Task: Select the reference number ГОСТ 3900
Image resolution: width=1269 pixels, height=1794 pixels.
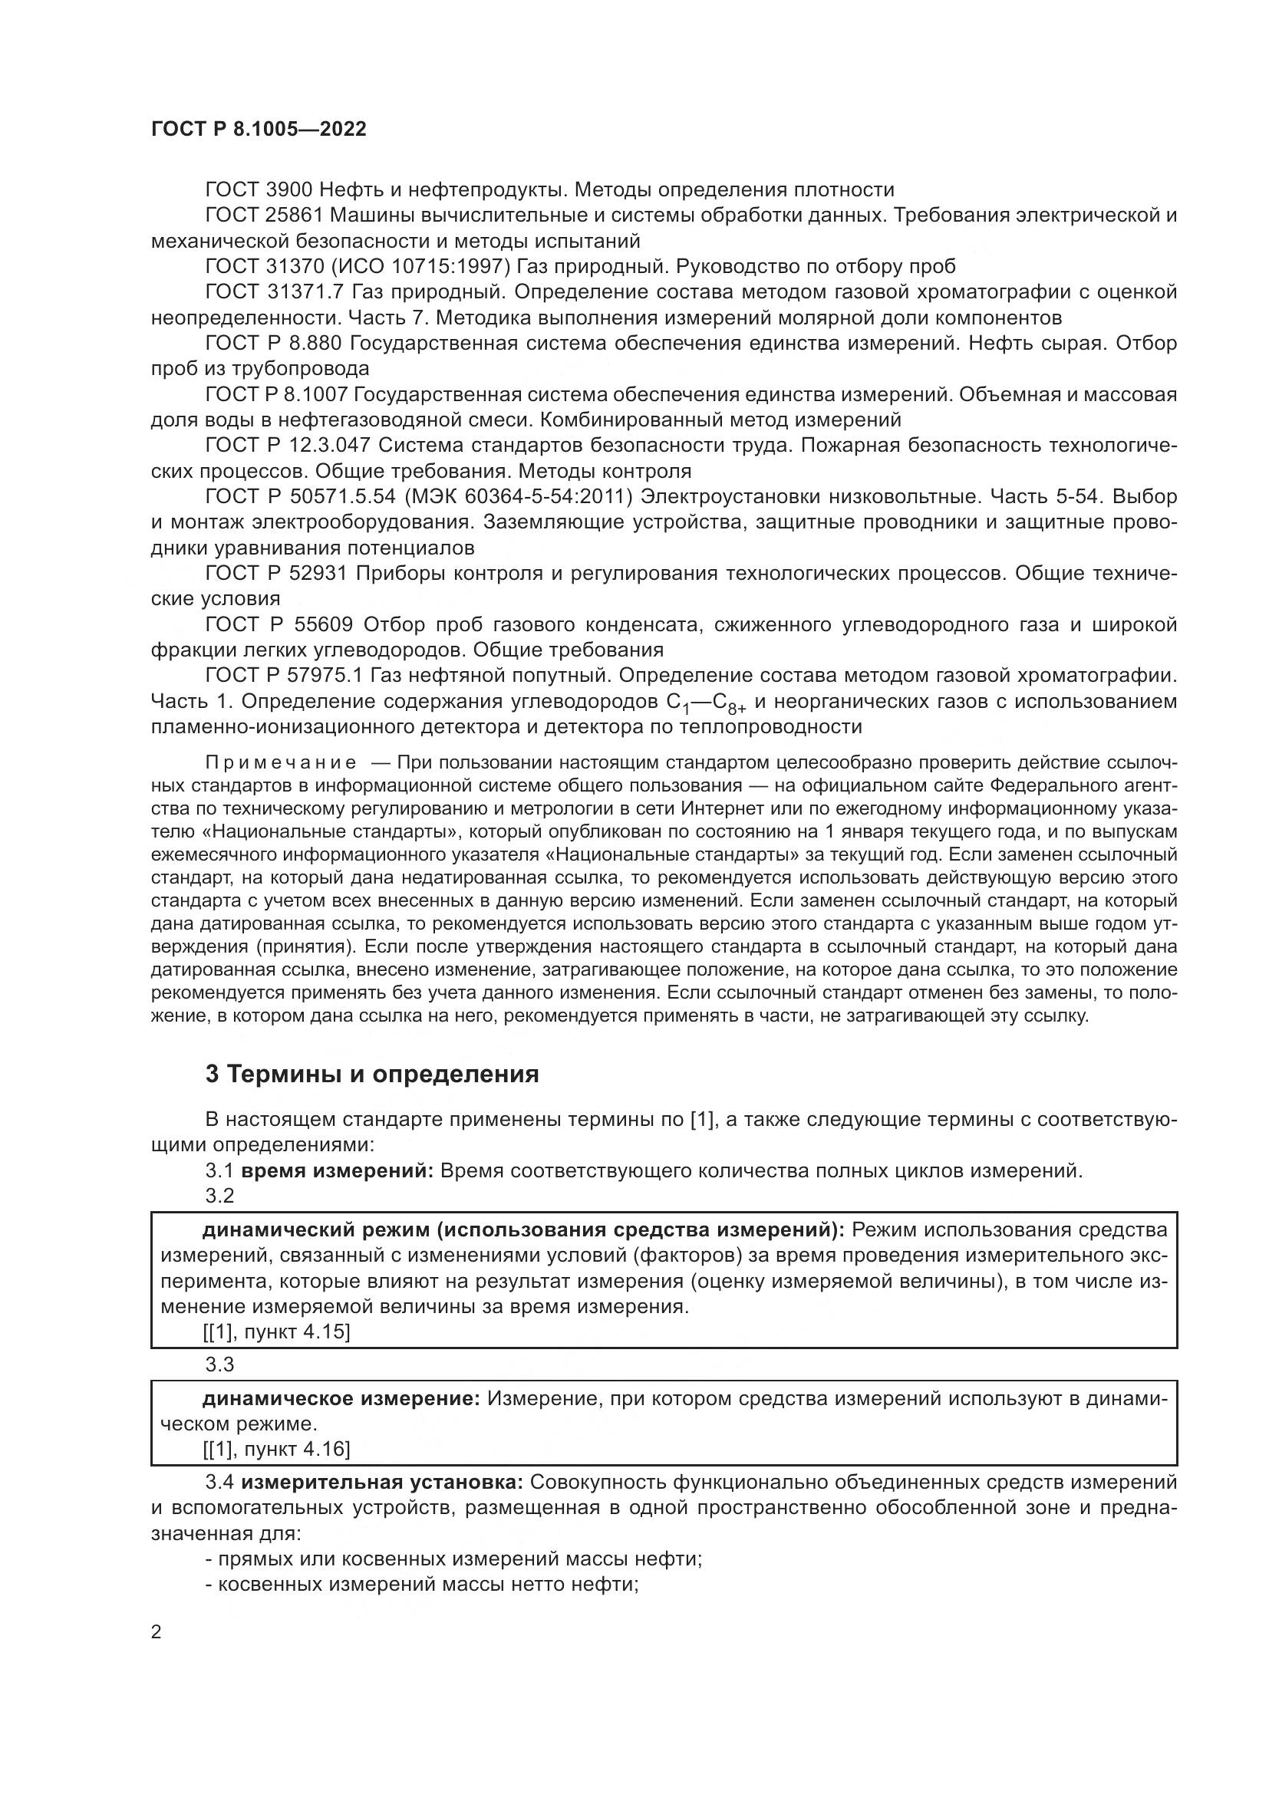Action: tap(259, 190)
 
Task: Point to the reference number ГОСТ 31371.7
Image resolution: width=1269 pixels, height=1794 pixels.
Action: tap(274, 292)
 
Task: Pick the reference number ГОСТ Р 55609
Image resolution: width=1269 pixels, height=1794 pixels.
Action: tap(280, 624)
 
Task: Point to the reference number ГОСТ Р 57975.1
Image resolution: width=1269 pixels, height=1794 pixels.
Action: tap(285, 675)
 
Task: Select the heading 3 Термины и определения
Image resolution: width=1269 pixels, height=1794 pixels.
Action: tap(372, 1075)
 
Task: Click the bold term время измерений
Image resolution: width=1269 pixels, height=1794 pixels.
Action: tap(338, 1171)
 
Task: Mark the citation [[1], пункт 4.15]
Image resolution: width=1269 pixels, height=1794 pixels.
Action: tap(277, 1332)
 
